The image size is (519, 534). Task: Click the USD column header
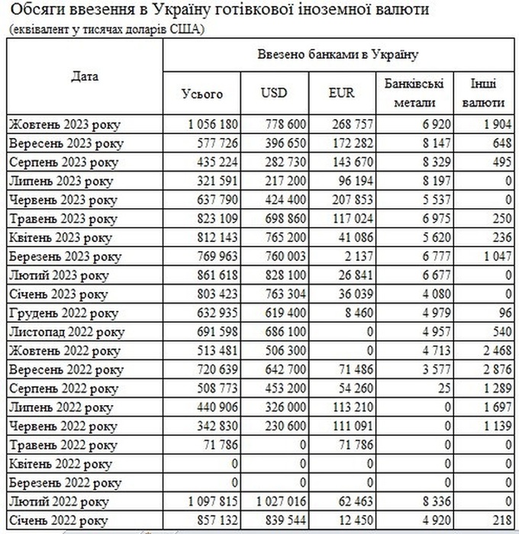273,93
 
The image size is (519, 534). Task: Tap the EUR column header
341,93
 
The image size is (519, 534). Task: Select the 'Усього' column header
202,93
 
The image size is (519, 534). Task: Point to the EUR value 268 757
349,124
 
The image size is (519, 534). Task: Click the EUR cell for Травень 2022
349,445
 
